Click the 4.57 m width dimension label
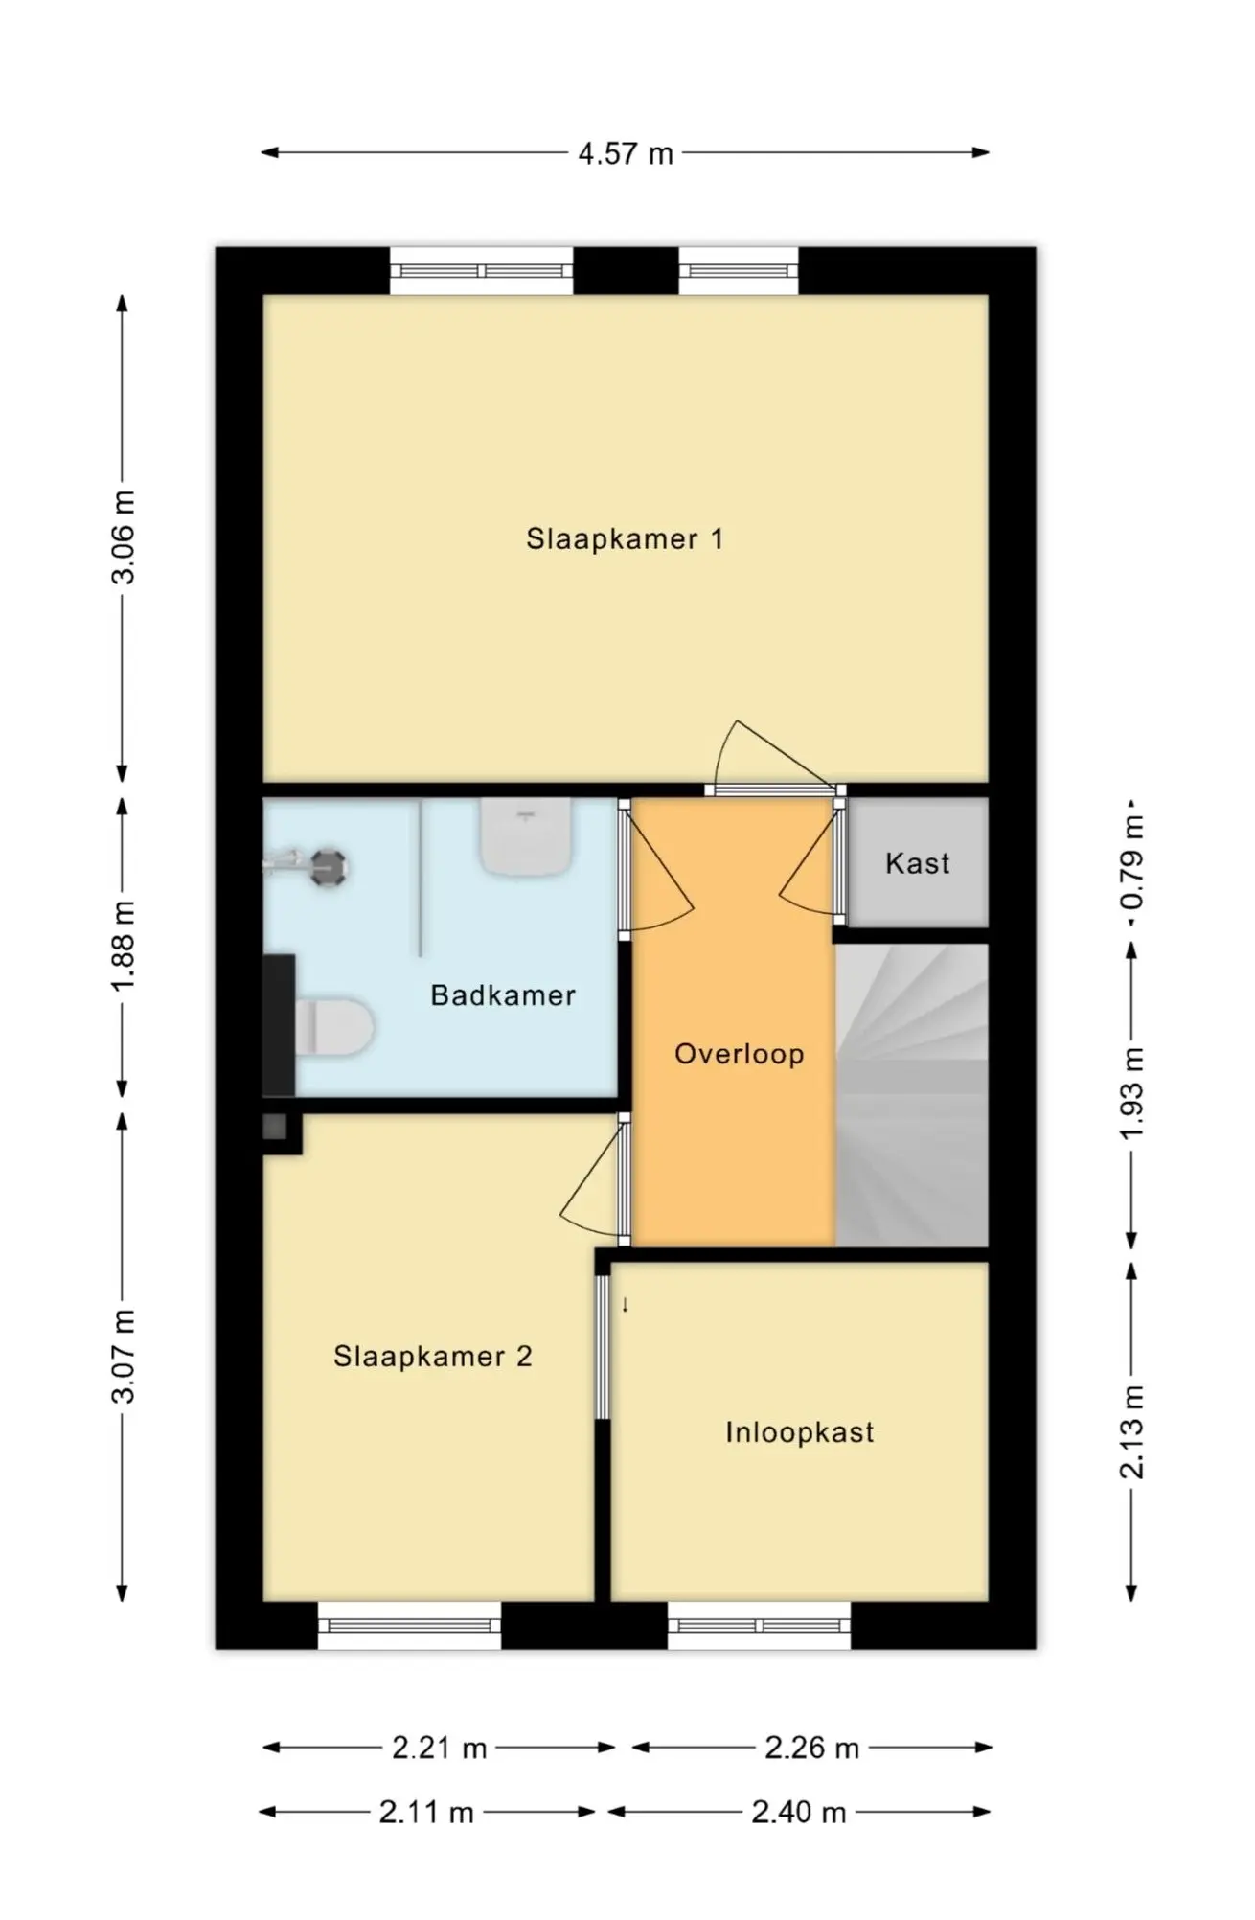point(626,153)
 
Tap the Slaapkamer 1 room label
point(625,538)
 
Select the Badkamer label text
point(503,995)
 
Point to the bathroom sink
point(526,836)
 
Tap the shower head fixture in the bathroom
point(308,865)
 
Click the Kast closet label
point(918,863)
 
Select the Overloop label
point(739,1054)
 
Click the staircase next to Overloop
point(911,1095)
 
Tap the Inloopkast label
point(799,1432)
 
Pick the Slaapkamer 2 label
point(432,1356)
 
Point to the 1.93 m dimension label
point(1132,1095)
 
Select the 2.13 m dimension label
point(1132,1432)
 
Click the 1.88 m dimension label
point(124,947)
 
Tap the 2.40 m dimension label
point(799,1813)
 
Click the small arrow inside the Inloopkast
point(626,1304)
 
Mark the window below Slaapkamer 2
point(409,1625)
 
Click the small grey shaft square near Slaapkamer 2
point(275,1127)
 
